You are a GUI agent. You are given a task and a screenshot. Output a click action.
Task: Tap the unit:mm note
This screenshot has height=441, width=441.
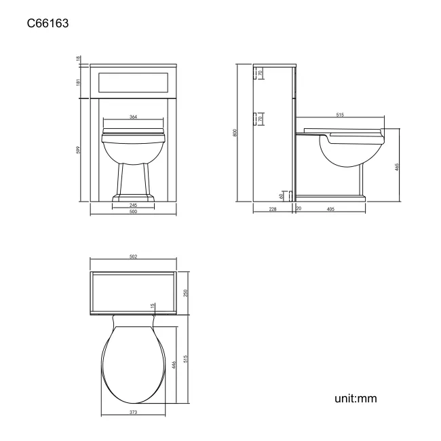(x=355, y=398)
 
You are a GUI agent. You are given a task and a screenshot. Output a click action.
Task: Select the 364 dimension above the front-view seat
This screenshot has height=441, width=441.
(x=134, y=117)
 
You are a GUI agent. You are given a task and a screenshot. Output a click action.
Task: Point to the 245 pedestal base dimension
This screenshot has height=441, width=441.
(x=134, y=205)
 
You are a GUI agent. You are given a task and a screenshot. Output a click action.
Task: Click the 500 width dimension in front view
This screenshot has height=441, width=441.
(x=134, y=212)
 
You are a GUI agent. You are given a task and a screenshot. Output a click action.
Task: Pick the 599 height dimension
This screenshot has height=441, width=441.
(x=79, y=149)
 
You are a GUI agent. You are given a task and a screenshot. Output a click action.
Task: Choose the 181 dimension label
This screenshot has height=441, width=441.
(x=79, y=81)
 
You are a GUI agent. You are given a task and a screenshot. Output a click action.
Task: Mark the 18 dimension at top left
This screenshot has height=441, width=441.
(x=79, y=60)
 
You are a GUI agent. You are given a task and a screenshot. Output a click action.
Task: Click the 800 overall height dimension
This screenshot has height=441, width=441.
(x=235, y=132)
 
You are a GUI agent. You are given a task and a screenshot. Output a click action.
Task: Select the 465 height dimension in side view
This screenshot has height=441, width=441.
(x=396, y=166)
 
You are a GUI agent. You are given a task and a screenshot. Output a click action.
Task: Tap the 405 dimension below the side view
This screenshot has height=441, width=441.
(x=330, y=210)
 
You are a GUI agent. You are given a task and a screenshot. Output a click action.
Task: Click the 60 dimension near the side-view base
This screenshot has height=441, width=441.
(x=282, y=195)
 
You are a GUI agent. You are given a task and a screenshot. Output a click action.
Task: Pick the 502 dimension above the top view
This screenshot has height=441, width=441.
(x=134, y=256)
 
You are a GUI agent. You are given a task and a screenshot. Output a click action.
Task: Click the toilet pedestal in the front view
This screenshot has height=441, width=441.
(x=134, y=180)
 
